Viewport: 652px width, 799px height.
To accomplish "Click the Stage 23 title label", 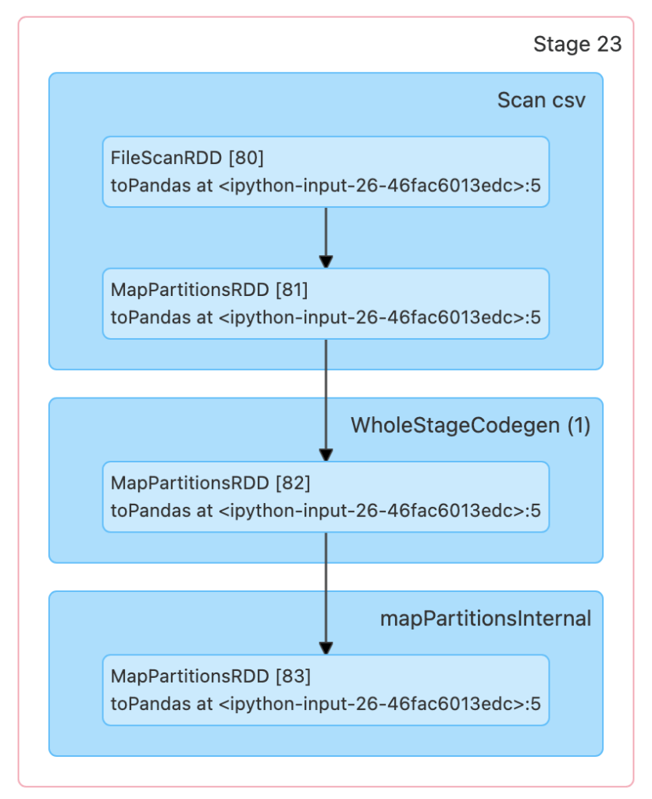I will (x=577, y=45).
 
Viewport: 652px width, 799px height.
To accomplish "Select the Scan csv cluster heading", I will (x=540, y=101).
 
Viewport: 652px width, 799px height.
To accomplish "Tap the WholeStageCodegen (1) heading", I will (x=470, y=426).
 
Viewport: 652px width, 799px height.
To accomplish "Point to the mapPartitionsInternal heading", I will (x=485, y=619).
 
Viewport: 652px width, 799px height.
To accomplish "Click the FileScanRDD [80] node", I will (x=326, y=172).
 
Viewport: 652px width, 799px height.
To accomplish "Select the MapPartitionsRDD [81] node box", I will (x=326, y=304).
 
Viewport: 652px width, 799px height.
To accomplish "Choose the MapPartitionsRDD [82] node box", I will (x=326, y=497).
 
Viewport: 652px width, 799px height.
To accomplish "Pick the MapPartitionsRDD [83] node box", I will (x=326, y=690).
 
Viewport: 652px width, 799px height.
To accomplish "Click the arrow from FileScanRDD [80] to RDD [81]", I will (x=326, y=234).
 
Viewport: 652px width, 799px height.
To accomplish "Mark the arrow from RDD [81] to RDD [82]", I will (x=326, y=398).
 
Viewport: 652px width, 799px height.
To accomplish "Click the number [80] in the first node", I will (x=246, y=159).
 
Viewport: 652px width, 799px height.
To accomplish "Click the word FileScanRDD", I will (x=166, y=159).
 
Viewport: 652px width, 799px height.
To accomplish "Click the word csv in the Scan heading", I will (x=568, y=101).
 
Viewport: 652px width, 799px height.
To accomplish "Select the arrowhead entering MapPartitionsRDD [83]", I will (x=326, y=647).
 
